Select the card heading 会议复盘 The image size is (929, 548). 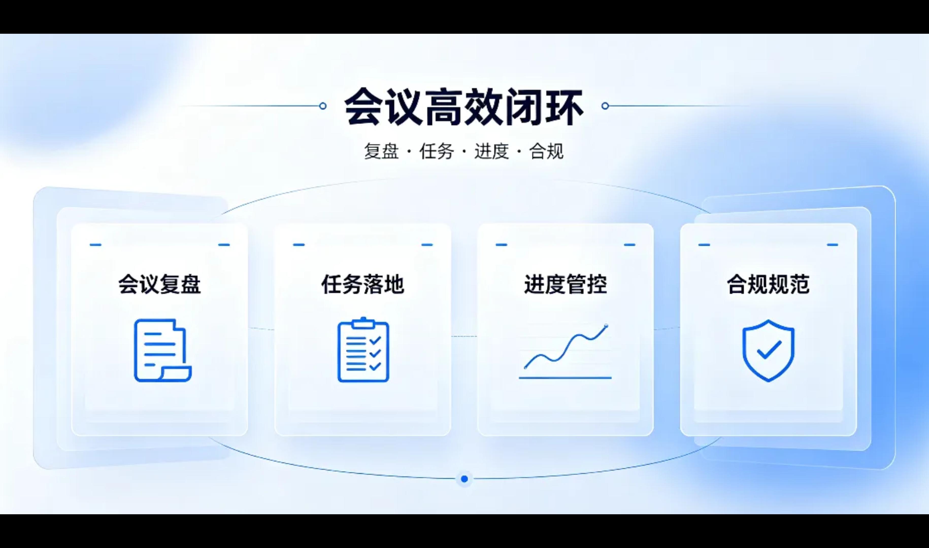coord(160,284)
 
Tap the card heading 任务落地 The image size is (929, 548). coord(363,284)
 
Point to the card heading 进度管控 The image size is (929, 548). coord(566,284)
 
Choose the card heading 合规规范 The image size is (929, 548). coord(768,284)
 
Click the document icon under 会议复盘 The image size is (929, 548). coord(162,350)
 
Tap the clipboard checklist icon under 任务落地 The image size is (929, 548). coord(363,349)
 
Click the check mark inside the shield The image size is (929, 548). coord(769,349)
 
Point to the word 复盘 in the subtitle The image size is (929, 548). coord(381,151)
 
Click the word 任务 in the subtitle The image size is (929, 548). coord(436,151)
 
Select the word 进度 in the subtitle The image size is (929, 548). coord(491,151)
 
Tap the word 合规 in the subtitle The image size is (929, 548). coord(546,151)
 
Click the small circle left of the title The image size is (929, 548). coord(322,106)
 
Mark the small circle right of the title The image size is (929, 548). coord(605,106)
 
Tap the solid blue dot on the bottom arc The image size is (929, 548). coord(464,479)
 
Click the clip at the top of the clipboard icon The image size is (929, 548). coord(363,323)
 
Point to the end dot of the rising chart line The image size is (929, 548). coord(606,326)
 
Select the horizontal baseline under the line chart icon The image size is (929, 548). coord(565,378)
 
